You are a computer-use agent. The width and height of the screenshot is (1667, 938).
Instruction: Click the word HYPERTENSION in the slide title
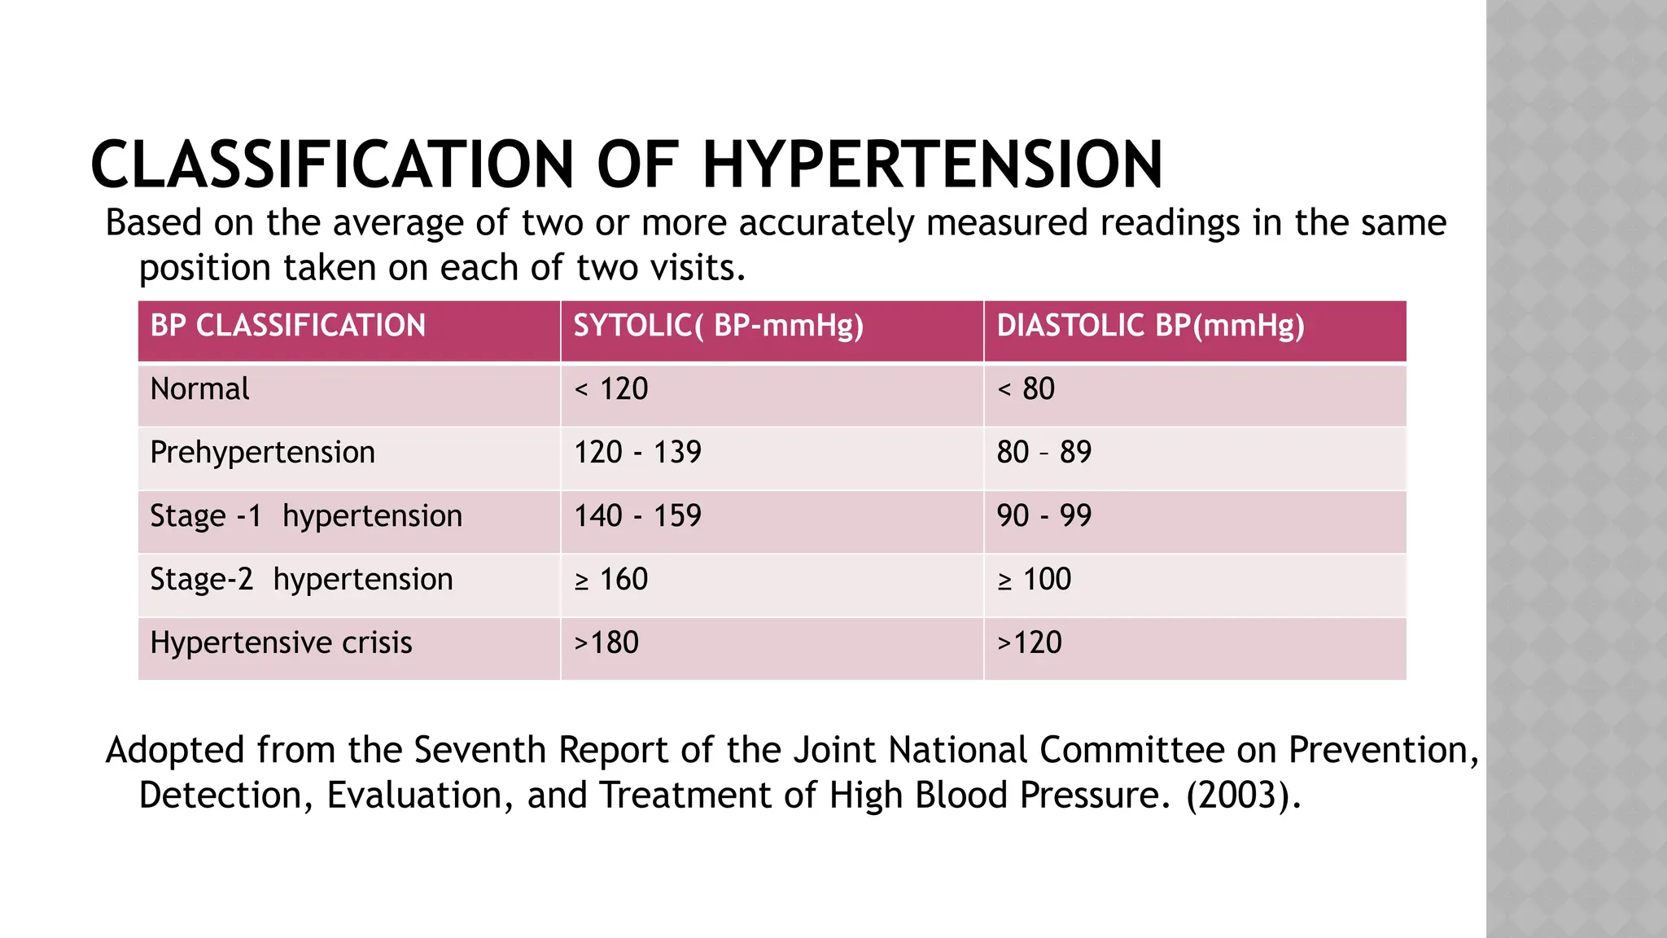click(932, 164)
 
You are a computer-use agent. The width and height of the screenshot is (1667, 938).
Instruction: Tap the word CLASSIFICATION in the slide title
click(333, 164)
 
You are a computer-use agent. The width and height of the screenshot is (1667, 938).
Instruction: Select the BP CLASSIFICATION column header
click(288, 326)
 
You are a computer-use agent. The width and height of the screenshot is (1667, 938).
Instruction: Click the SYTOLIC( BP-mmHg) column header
click(718, 326)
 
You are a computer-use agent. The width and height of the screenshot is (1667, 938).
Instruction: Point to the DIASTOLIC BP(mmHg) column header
click(1150, 326)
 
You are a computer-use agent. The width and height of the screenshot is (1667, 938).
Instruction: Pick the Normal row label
click(200, 389)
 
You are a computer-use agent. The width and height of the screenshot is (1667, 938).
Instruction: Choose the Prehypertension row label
click(262, 453)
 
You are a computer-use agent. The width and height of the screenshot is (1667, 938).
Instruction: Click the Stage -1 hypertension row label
click(306, 516)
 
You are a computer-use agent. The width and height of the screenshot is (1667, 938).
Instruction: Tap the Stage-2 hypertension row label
click(301, 580)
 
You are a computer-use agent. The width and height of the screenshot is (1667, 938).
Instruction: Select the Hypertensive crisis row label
click(281, 643)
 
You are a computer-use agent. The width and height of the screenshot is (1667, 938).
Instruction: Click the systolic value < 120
click(611, 389)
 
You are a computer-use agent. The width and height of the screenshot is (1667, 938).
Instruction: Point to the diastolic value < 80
click(1026, 389)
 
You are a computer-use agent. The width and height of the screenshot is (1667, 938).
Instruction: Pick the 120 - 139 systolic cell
click(637, 453)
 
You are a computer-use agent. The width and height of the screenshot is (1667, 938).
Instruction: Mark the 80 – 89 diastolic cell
click(1044, 453)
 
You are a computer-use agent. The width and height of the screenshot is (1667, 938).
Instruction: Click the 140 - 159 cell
click(637, 516)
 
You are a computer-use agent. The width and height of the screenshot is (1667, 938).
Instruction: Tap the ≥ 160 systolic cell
click(611, 580)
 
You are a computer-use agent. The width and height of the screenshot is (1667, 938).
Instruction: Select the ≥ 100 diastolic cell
click(1034, 580)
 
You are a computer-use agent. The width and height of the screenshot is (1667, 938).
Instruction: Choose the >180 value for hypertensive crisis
click(606, 643)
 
